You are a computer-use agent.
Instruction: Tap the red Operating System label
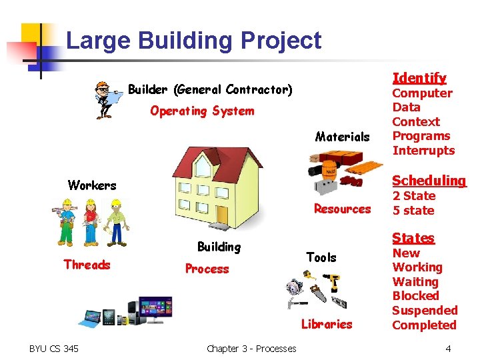[202, 111]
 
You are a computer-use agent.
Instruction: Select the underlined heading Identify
[419, 78]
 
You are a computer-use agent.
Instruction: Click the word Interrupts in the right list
[423, 151]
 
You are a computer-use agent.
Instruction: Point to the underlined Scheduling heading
[429, 181]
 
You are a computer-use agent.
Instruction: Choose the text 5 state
[413, 211]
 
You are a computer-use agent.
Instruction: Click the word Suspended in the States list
[425, 311]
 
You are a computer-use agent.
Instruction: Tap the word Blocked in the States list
[415, 296]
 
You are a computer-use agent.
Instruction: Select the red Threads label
[87, 265]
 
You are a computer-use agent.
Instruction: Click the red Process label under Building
[207, 269]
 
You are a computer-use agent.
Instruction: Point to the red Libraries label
[326, 325]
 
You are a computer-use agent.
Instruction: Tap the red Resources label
[342, 209]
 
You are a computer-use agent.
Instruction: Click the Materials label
[342, 137]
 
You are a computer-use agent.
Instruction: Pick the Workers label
[92, 185]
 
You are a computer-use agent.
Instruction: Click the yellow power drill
[334, 283]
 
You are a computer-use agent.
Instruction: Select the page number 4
[449, 349]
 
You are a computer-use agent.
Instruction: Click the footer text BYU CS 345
[53, 349]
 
